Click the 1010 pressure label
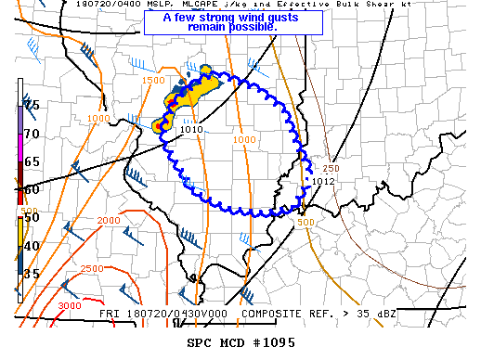click(x=191, y=130)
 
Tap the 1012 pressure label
click(x=322, y=181)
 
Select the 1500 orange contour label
click(x=153, y=82)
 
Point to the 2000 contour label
click(x=109, y=220)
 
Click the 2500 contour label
click(x=92, y=268)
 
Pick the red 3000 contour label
click(x=69, y=306)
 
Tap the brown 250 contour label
click(x=331, y=168)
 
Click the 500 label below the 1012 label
click(x=306, y=222)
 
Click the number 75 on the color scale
click(x=32, y=105)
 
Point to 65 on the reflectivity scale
click(x=32, y=161)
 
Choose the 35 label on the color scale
click(x=32, y=274)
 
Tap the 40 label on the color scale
click(x=32, y=245)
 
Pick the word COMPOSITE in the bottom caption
click(x=270, y=313)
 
